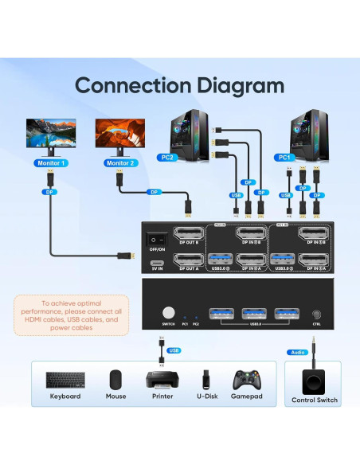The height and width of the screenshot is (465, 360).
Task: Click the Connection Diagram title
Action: click(x=179, y=85)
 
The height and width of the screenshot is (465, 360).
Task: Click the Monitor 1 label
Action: click(x=52, y=163)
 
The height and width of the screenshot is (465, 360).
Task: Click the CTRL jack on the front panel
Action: click(x=317, y=315)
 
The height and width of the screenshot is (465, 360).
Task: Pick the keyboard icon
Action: click(x=64, y=380)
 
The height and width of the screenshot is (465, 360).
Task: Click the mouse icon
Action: click(x=116, y=380)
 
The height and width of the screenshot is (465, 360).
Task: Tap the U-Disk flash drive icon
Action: click(x=205, y=380)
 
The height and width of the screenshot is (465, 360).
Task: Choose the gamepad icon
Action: click(x=247, y=380)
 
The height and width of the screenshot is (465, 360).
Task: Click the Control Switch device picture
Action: click(x=315, y=379)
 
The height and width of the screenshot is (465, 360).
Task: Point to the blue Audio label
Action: click(x=296, y=351)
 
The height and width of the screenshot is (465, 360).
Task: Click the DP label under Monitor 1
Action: click(x=52, y=191)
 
